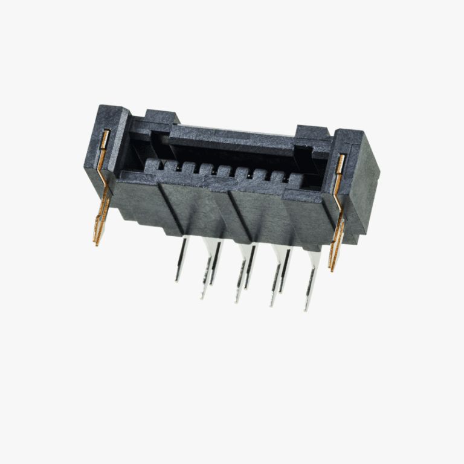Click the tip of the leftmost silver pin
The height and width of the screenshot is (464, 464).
point(176,281)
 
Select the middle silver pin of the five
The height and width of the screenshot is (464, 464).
point(241,275)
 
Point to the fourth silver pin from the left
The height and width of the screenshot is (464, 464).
point(277,278)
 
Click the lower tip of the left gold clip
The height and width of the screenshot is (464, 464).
point(95,244)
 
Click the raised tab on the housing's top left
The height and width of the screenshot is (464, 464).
point(160,115)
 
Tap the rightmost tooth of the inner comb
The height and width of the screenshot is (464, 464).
point(295,181)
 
